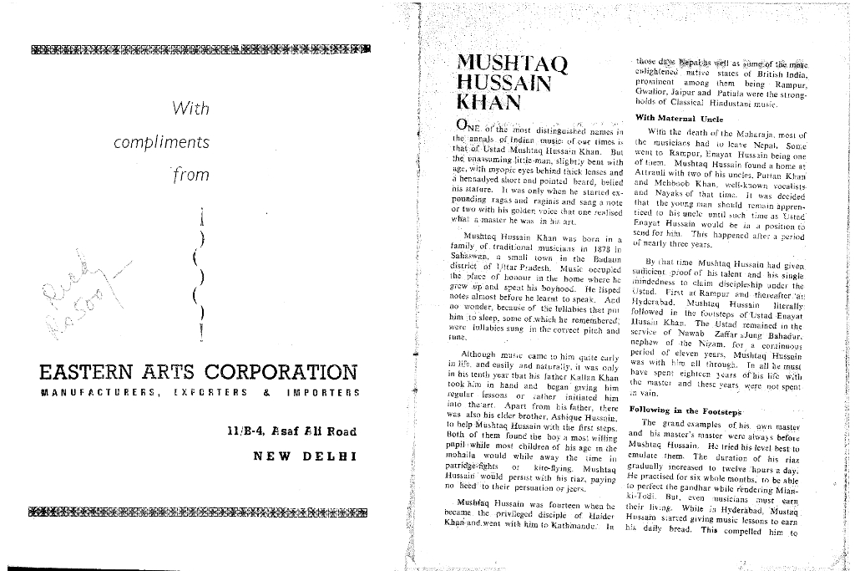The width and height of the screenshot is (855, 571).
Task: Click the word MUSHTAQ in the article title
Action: click(513, 64)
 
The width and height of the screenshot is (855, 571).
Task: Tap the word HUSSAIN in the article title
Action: click(504, 84)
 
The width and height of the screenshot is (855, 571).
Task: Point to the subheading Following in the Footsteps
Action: click(685, 411)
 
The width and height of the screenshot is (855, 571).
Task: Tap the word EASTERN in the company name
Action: click(88, 372)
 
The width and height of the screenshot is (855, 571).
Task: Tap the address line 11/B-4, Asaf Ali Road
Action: click(292, 431)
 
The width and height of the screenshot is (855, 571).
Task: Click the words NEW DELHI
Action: click(305, 456)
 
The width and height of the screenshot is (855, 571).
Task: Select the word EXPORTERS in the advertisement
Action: click(211, 392)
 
